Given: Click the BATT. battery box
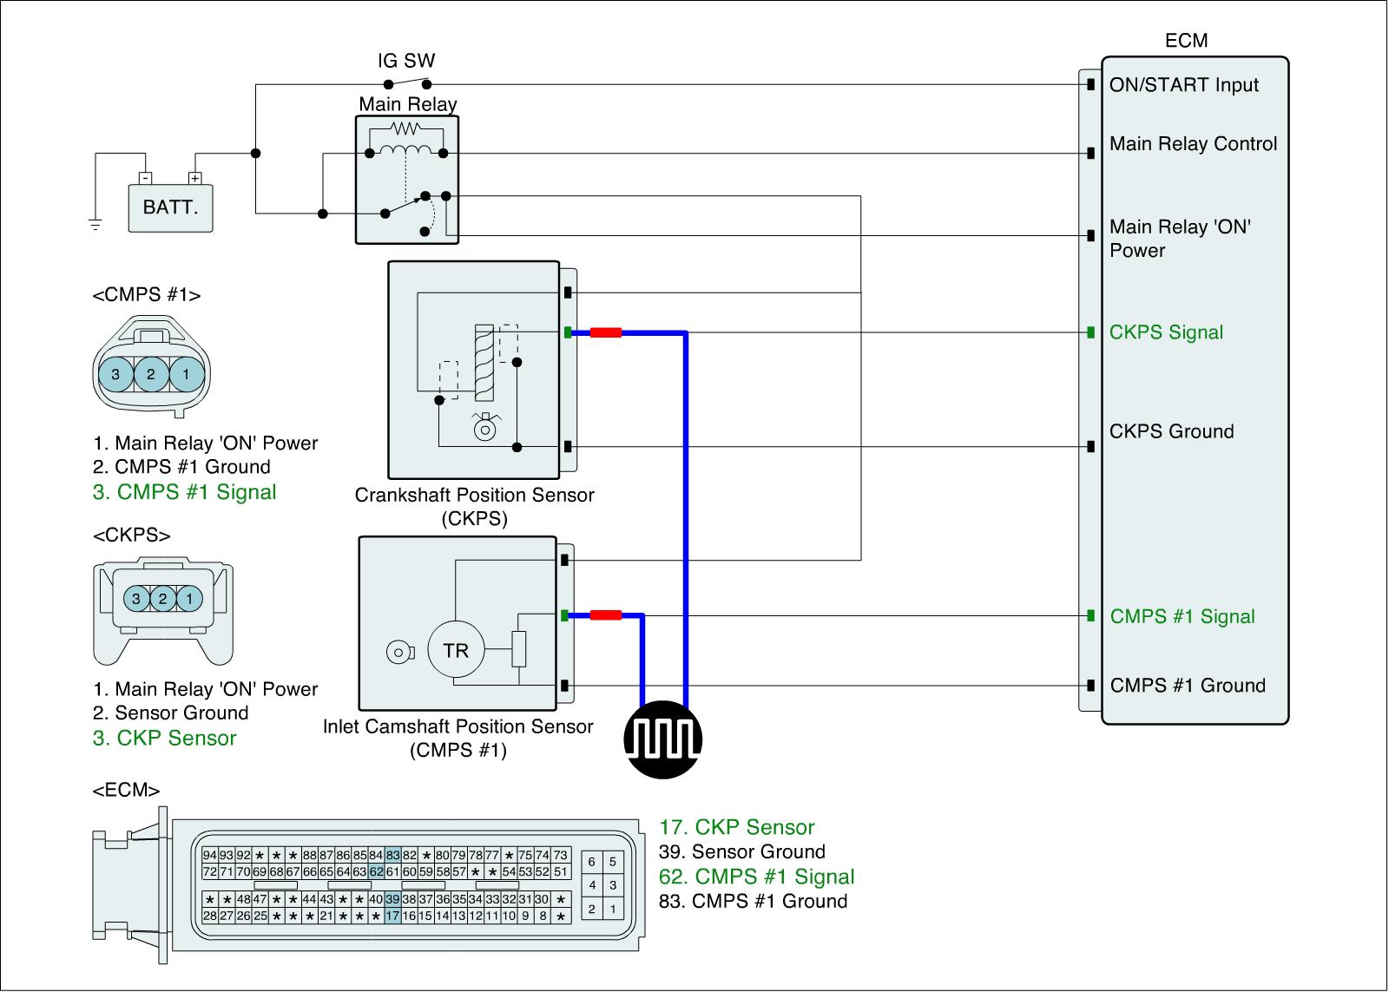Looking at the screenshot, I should [170, 207].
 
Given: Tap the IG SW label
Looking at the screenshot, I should [406, 61].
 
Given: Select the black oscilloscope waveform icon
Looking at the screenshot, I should [663, 739].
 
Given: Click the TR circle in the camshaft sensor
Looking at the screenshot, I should [456, 650].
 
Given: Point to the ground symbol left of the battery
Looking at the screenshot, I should [95, 225].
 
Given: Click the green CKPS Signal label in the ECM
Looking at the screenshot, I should [1166, 332].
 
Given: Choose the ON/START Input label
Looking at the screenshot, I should [1184, 85].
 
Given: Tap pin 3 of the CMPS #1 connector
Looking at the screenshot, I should [115, 375].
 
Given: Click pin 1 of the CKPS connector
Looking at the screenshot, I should [189, 598].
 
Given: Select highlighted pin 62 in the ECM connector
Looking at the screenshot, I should [376, 871].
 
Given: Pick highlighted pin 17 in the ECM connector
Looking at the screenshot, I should [392, 916].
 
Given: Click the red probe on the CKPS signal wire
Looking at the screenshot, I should [606, 332].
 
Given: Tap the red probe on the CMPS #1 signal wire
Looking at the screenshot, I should [606, 615].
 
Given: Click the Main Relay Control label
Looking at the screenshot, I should [1193, 144].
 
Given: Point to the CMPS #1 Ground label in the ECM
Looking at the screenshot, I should [1188, 686].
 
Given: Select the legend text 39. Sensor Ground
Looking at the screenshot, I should [742, 851].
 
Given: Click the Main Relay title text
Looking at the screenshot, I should [408, 105].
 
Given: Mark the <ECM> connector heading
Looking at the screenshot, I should [126, 791].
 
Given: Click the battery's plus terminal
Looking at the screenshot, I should [195, 178].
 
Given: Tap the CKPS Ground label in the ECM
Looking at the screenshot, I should [1171, 431].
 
